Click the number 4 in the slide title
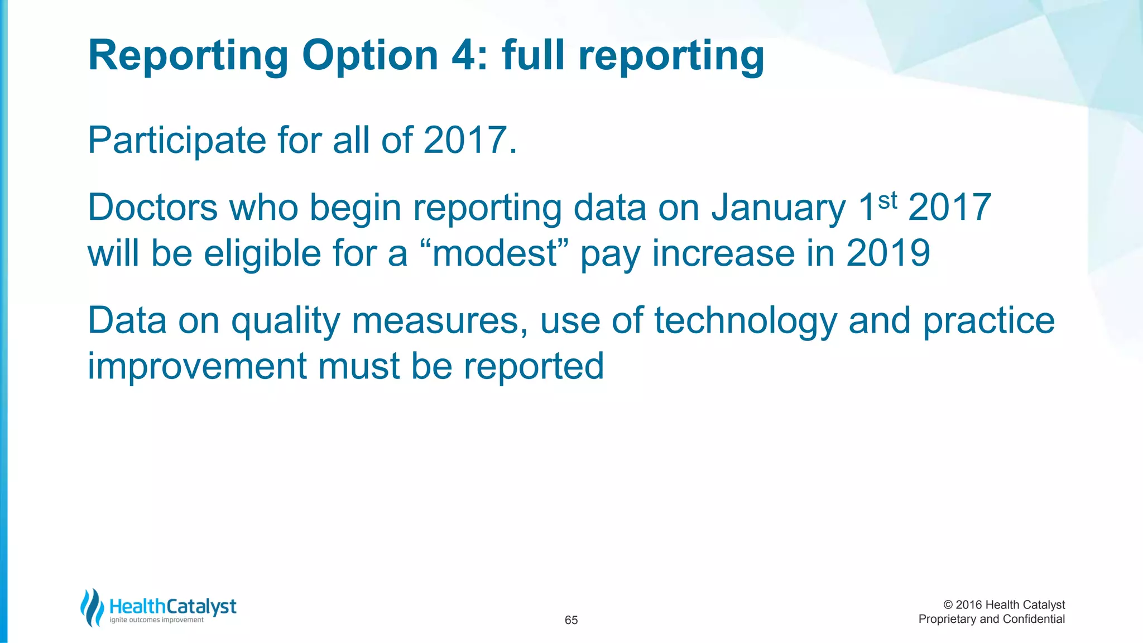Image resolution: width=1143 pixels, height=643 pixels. [x=464, y=56]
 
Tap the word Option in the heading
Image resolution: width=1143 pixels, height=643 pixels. [x=370, y=56]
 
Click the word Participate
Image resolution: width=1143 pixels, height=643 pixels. [x=176, y=141]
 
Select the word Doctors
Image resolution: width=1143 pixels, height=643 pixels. [x=152, y=208]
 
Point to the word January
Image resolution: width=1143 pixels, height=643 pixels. [x=779, y=208]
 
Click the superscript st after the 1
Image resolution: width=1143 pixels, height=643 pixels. [x=887, y=200]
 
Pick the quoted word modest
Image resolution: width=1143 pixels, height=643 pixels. [x=495, y=253]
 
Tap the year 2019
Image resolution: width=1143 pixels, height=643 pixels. [x=888, y=253]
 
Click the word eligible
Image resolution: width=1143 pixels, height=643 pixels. [x=262, y=253]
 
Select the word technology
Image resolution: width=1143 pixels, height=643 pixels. [x=746, y=321]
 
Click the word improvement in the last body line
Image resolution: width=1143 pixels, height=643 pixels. [x=197, y=367]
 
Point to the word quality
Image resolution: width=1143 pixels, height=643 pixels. [x=285, y=321]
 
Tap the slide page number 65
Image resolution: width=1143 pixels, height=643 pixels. [x=571, y=620]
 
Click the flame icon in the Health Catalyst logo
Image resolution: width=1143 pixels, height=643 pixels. [x=92, y=607]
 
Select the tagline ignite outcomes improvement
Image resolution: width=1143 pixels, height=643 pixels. [x=157, y=620]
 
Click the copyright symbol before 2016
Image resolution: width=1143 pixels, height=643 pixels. [x=948, y=605]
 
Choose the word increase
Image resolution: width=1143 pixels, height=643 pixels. [x=723, y=253]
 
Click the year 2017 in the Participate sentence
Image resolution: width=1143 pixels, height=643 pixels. [x=465, y=141]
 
